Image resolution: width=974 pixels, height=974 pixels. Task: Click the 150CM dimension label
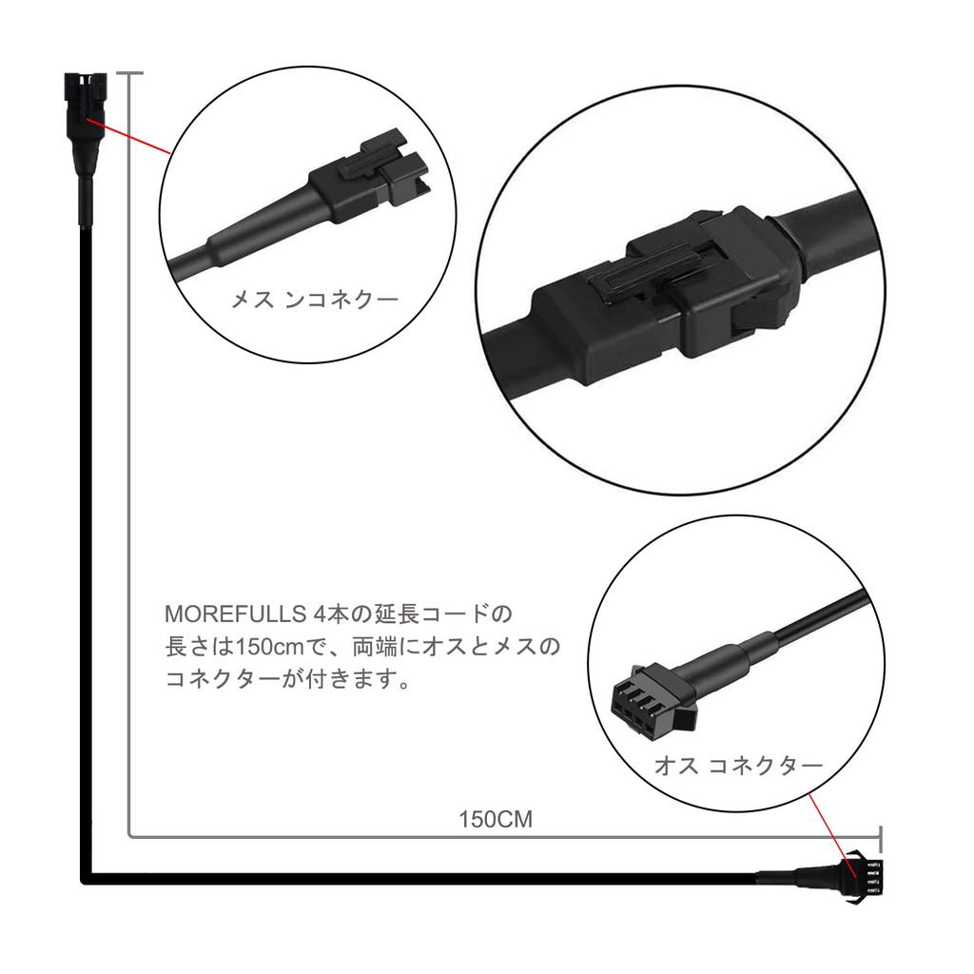click(x=495, y=819)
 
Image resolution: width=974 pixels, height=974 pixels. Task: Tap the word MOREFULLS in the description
click(x=236, y=614)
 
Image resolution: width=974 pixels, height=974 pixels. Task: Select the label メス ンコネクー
click(x=315, y=300)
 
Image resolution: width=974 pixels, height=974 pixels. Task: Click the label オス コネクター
click(x=738, y=766)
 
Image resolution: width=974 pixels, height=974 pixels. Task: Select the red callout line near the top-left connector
click(x=128, y=135)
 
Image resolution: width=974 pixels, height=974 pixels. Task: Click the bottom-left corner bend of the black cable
click(x=87, y=878)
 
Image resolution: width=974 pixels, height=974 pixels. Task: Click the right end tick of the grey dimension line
click(x=880, y=839)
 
